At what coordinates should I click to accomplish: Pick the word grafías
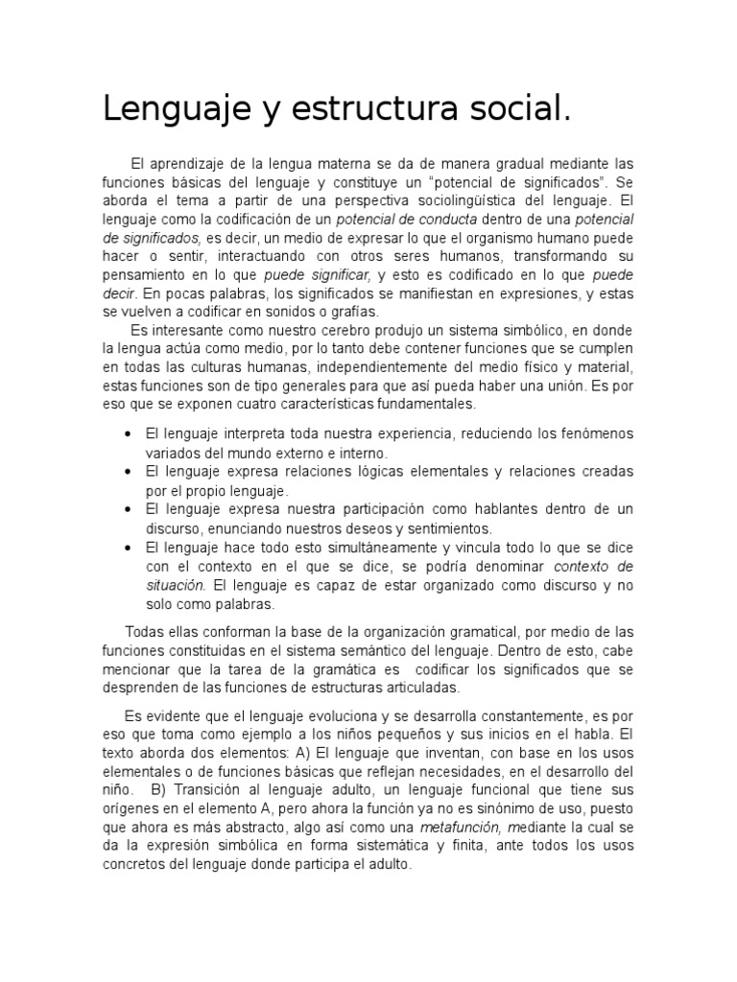coord(353,311)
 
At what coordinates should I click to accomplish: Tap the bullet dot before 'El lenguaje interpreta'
coord(128,433)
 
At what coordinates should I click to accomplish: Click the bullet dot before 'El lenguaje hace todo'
coord(128,546)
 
